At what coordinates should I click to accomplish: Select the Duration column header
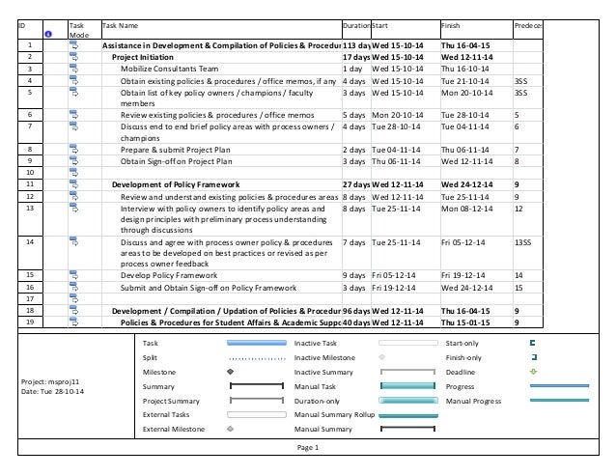pos(356,26)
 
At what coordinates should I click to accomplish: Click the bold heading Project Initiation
pos(143,57)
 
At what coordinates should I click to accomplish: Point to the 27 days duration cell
pos(356,184)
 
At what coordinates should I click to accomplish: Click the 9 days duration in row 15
pos(356,275)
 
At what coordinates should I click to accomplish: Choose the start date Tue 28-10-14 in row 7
pos(397,126)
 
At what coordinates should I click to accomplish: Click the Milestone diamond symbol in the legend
pos(230,371)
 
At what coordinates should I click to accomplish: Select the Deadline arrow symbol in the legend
pos(534,371)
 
